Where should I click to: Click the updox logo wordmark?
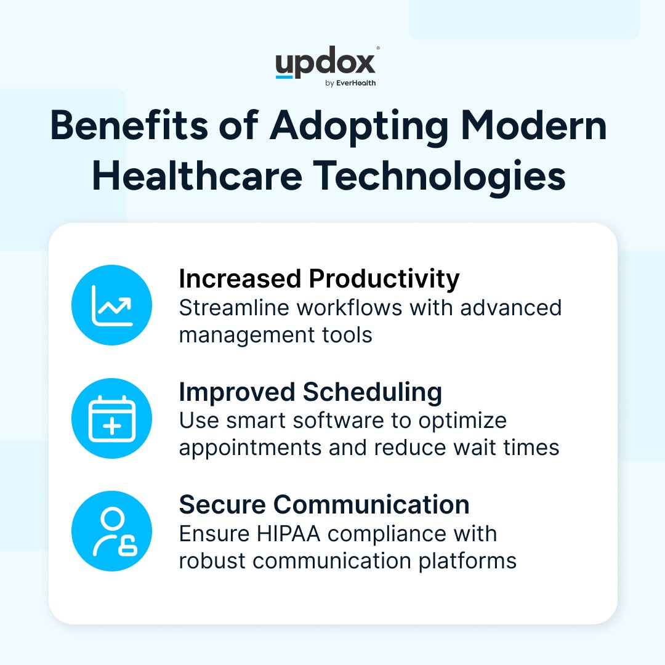[x=325, y=64]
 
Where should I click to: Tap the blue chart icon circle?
[x=111, y=305]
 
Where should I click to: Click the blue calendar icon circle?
[x=111, y=419]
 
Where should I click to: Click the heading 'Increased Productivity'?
[x=319, y=279]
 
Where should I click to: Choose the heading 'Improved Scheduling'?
[x=310, y=392]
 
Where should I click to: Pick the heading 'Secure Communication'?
[x=324, y=505]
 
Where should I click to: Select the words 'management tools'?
[x=276, y=335]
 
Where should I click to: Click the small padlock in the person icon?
[x=127, y=547]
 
